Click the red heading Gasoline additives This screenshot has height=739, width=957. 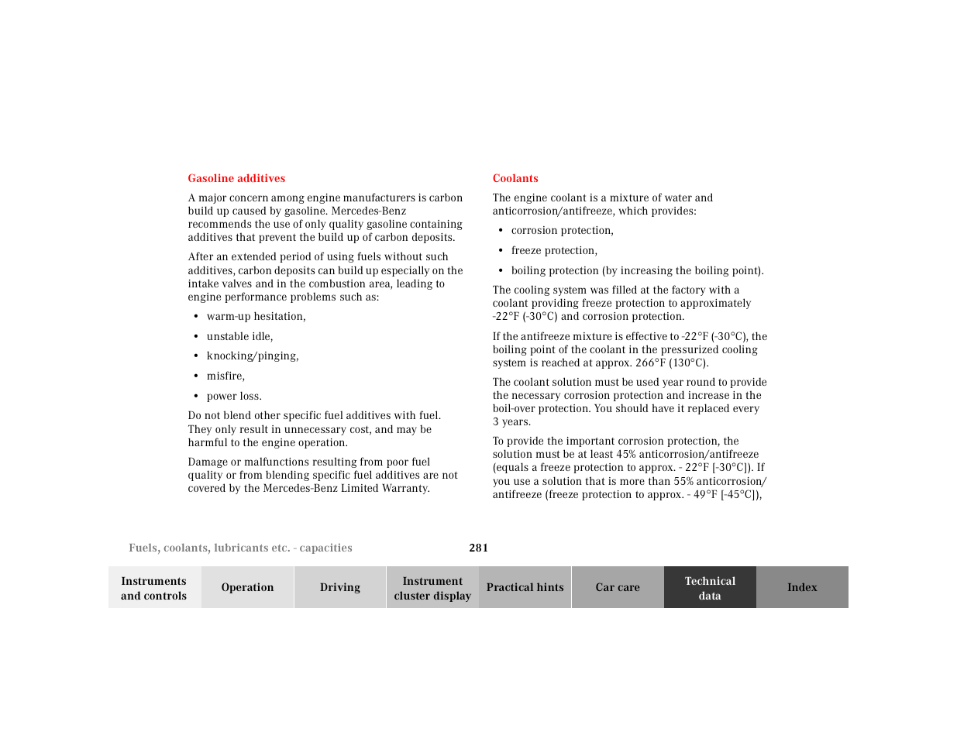tap(236, 178)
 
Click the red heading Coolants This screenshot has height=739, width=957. tap(515, 178)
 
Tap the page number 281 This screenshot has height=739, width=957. tap(478, 548)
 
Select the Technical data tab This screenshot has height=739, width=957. tap(709, 588)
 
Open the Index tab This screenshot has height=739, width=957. tap(802, 588)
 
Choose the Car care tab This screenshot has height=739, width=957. tap(617, 588)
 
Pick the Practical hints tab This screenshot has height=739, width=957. tap(525, 588)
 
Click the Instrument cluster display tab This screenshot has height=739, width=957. tap(432, 588)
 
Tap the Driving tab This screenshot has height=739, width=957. tap(339, 588)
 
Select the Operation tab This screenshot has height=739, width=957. tap(247, 588)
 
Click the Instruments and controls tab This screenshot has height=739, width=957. tap(154, 588)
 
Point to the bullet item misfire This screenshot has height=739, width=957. tap(225, 376)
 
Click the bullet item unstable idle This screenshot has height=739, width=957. tap(239, 337)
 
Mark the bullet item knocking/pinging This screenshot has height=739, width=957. tap(252, 356)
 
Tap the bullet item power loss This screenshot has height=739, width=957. tap(234, 397)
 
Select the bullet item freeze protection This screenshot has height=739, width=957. tap(554, 251)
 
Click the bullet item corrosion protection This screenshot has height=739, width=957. tap(562, 231)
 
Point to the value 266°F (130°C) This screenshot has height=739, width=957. tap(671, 363)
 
